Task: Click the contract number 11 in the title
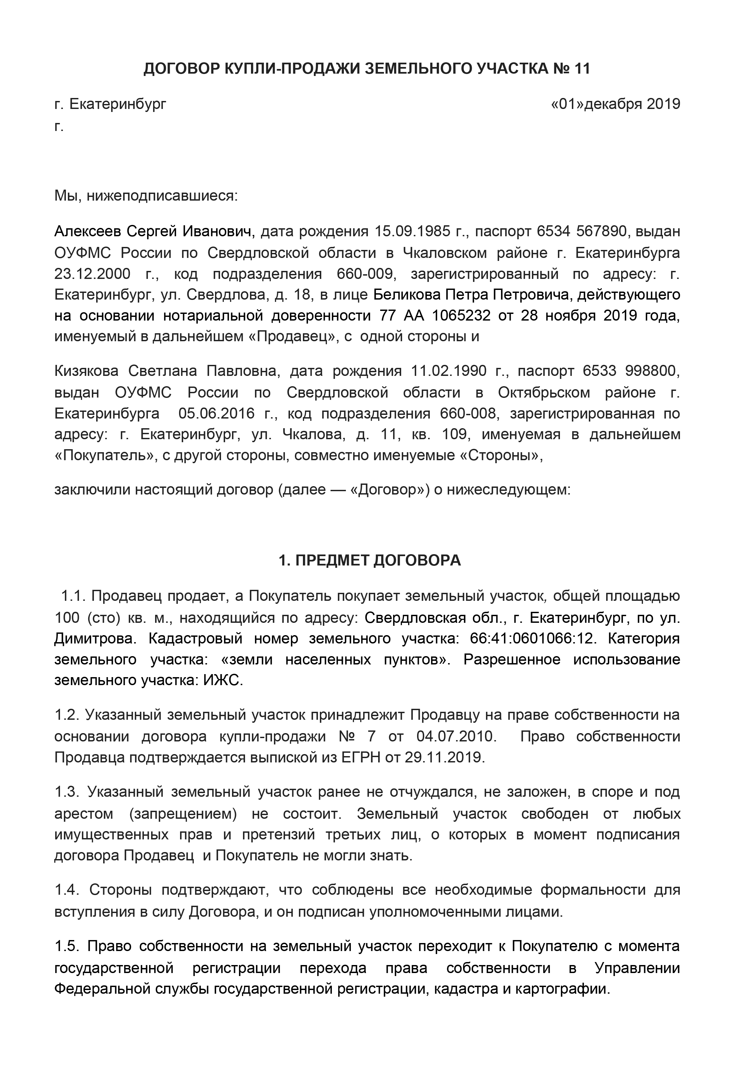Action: [582, 69]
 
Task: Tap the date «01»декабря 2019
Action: [615, 104]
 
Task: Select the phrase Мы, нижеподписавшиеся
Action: [145, 196]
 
